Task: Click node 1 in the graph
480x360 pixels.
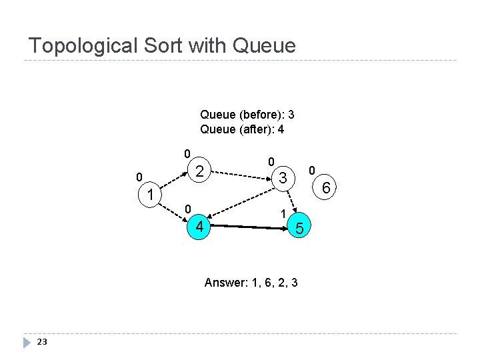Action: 151,195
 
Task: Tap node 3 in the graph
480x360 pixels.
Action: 283,178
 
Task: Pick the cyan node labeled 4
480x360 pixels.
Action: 199,228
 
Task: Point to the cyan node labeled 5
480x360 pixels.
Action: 300,229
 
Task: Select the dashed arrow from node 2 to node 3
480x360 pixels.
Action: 241,175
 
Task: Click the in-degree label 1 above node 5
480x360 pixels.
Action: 283,213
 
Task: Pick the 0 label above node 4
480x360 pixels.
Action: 188,209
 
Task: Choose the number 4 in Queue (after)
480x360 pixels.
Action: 281,129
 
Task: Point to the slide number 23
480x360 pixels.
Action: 42,342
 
